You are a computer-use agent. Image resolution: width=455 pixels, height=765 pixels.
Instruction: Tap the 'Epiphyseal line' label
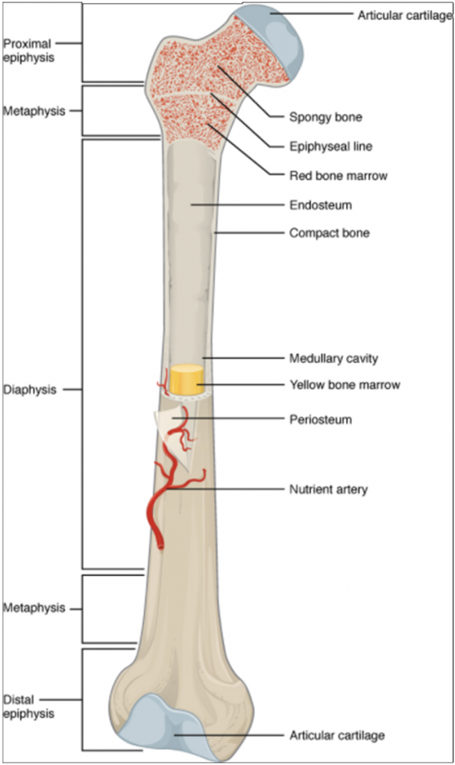[325, 146]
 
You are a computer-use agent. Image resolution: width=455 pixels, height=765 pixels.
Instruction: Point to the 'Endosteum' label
[320, 204]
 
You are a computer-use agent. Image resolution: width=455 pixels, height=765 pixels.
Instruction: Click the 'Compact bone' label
[329, 233]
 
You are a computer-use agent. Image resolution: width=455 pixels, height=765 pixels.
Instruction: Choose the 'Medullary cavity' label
[333, 359]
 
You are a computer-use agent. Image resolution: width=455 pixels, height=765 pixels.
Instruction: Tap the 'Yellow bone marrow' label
[345, 385]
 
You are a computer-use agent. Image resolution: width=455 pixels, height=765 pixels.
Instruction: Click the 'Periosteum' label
[320, 420]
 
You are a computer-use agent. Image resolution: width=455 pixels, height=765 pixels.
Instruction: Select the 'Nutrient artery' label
[328, 490]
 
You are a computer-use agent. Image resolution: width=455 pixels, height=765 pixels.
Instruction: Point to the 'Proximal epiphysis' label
[28, 49]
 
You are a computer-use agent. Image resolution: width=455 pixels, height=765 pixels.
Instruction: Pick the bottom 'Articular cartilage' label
[337, 736]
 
